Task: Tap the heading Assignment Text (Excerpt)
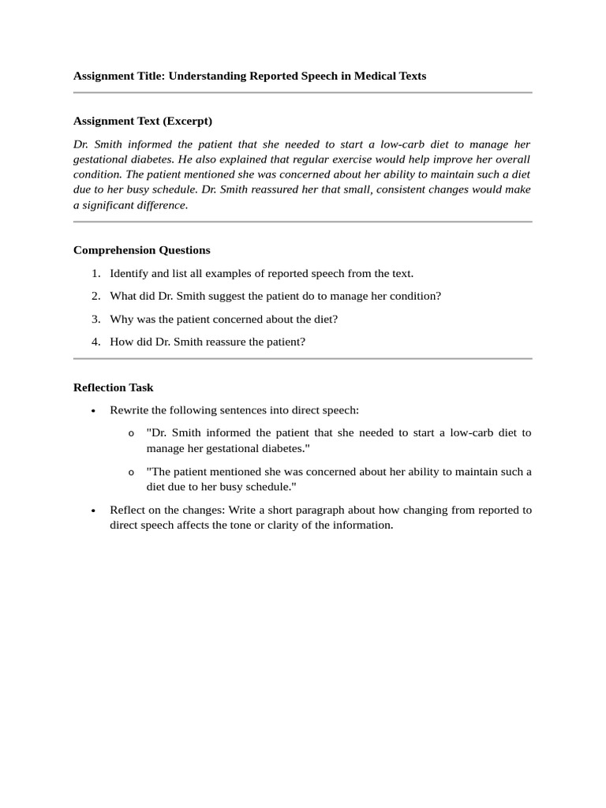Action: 142,122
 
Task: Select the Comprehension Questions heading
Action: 141,250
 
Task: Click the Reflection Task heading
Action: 113,387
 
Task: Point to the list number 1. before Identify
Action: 95,274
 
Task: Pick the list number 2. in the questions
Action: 95,297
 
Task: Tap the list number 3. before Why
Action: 95,320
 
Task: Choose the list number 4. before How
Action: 95,342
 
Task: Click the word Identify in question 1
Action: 128,274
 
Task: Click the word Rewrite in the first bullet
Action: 129,411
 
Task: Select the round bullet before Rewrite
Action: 93,412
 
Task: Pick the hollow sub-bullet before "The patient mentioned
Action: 131,473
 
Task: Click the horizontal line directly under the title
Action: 302,93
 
